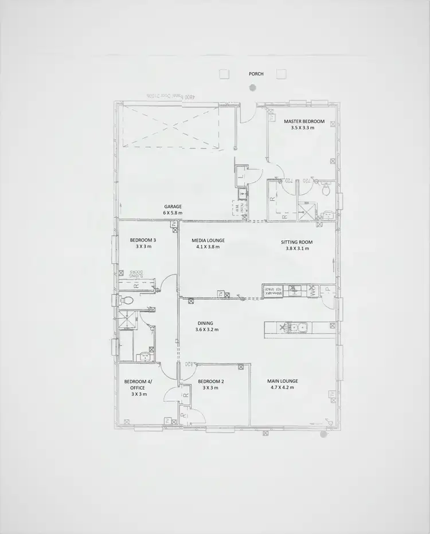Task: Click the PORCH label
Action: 256,74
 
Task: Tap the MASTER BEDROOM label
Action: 304,121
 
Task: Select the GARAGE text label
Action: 173,206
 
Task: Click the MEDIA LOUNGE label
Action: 208,241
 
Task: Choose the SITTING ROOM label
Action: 297,242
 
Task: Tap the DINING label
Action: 205,323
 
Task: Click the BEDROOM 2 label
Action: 210,382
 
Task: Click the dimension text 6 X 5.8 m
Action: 173,213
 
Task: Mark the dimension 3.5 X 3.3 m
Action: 304,128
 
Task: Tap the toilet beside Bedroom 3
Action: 126,300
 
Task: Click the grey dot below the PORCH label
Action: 252,88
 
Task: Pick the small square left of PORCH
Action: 224,74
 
